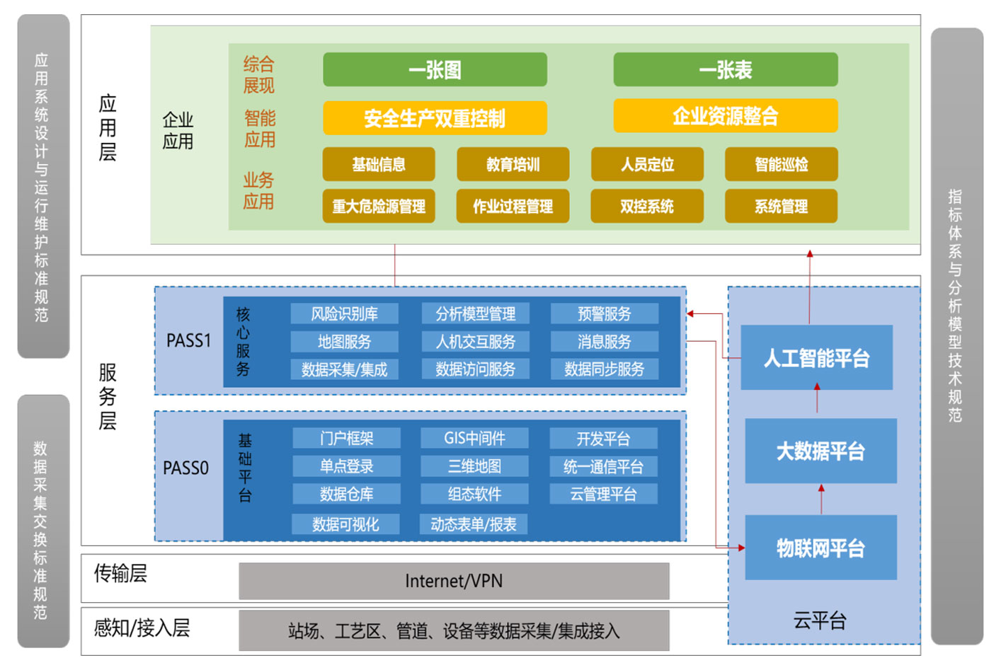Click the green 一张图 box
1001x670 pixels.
(435, 69)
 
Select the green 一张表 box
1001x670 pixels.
(725, 69)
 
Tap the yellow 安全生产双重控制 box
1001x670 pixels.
(435, 117)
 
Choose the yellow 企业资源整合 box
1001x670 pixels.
(725, 115)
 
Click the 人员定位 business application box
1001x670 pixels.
(647, 164)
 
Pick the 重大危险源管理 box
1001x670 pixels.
(379, 206)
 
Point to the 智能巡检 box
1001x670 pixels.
(781, 164)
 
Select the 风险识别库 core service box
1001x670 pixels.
(344, 313)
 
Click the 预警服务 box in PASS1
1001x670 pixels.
(604, 313)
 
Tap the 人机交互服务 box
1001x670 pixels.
(475, 342)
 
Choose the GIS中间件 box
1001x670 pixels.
(474, 438)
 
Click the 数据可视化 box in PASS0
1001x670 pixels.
(345, 524)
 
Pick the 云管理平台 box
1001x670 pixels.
(603, 494)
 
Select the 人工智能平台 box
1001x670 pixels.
(816, 358)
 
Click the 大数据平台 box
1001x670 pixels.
(820, 451)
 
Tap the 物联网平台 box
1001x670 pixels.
(820, 548)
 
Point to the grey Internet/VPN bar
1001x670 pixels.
(454, 581)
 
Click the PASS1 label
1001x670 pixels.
(188, 341)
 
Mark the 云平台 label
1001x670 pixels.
(820, 620)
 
